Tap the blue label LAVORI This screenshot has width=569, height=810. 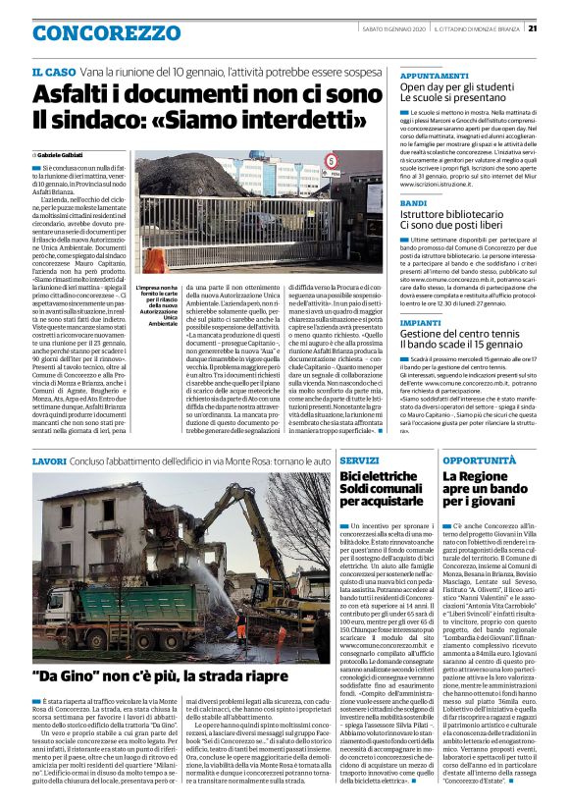pyautogui.click(x=49, y=459)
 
